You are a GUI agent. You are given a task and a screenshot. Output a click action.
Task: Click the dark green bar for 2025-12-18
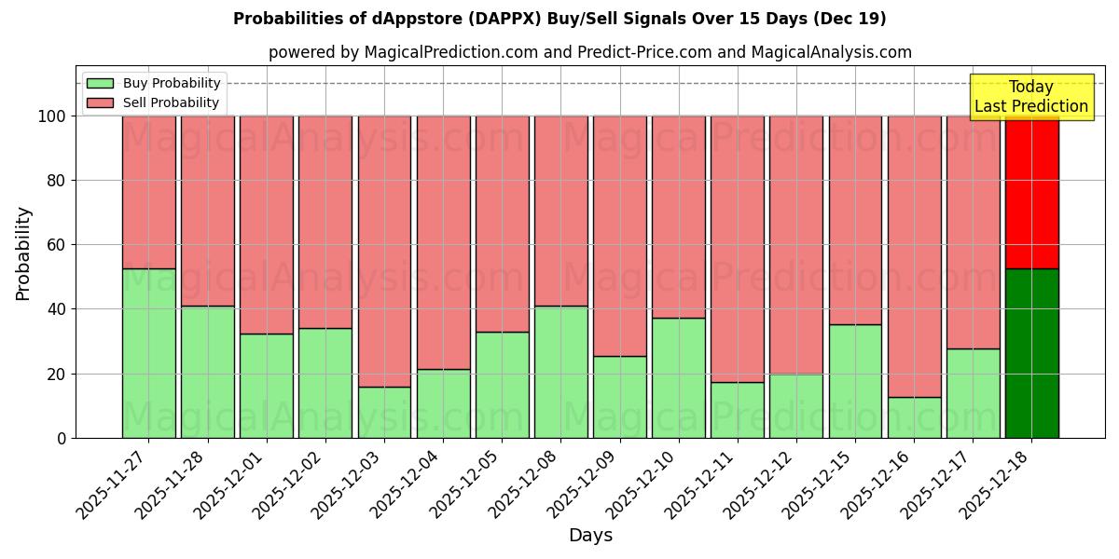(1031, 353)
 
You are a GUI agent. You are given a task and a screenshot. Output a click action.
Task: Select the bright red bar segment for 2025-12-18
(1031, 192)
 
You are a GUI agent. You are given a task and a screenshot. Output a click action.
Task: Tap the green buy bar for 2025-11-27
(149, 353)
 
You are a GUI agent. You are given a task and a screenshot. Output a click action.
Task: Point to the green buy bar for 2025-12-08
(561, 372)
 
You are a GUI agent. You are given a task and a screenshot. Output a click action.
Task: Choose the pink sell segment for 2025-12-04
(443, 242)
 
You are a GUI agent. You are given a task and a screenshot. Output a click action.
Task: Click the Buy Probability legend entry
(154, 83)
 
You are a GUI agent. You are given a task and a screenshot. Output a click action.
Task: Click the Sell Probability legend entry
(154, 102)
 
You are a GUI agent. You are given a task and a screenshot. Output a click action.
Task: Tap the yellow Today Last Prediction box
(1030, 97)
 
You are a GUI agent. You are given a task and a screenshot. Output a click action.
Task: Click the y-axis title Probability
(23, 253)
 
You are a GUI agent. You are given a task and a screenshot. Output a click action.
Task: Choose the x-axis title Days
(590, 536)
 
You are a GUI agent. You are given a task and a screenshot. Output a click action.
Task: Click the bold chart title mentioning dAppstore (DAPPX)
(559, 19)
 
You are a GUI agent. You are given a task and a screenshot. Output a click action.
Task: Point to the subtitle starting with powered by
(590, 52)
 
